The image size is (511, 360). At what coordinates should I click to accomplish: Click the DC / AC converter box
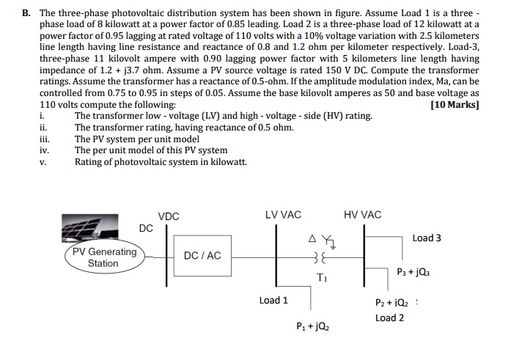coord(202,255)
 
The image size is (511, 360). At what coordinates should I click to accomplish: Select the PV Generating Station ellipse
coord(104,257)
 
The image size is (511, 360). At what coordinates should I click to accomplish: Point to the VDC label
coord(169,216)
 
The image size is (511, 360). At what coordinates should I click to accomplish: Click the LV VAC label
coord(282,215)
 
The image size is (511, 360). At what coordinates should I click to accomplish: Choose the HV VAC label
coord(362,215)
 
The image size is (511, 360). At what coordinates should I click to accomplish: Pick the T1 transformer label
coord(323,278)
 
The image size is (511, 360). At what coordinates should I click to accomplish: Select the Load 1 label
coord(273,300)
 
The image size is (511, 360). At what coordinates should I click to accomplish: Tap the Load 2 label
coord(389,317)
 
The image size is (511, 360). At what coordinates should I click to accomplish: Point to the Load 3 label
coord(427,238)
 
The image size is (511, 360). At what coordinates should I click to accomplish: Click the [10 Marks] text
coord(456,105)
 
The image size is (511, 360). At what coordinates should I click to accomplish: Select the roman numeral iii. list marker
coord(44,139)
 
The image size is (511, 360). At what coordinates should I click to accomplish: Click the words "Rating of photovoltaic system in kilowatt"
coord(161,162)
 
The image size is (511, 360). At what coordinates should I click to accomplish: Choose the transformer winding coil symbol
coord(317,258)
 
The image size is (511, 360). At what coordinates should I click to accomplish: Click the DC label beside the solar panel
coord(146,228)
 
